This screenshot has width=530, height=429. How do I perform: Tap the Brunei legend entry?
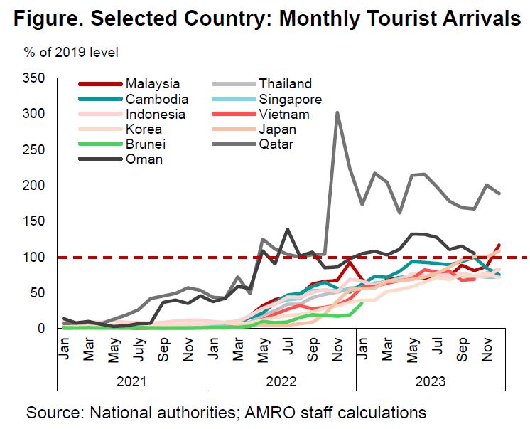tap(144, 144)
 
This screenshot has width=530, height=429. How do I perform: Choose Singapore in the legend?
tap(291, 99)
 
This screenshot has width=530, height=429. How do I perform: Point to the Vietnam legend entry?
tap(284, 115)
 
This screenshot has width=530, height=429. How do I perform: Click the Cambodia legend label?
tap(157, 99)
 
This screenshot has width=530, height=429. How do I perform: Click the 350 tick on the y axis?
tap(35, 78)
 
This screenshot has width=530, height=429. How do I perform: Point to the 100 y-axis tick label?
tap(35, 257)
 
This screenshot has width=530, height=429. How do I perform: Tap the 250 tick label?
tap(35, 149)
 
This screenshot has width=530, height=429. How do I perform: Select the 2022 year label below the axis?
tap(281, 382)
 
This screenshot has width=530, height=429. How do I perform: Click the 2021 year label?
tap(131, 382)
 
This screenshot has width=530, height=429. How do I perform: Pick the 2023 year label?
tap(430, 382)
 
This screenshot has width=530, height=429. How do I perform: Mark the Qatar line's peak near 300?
tap(337, 112)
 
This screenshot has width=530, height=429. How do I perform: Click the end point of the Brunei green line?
tap(362, 302)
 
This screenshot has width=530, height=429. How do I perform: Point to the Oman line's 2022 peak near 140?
tap(288, 230)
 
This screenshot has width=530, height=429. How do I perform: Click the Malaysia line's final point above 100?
tap(499, 245)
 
